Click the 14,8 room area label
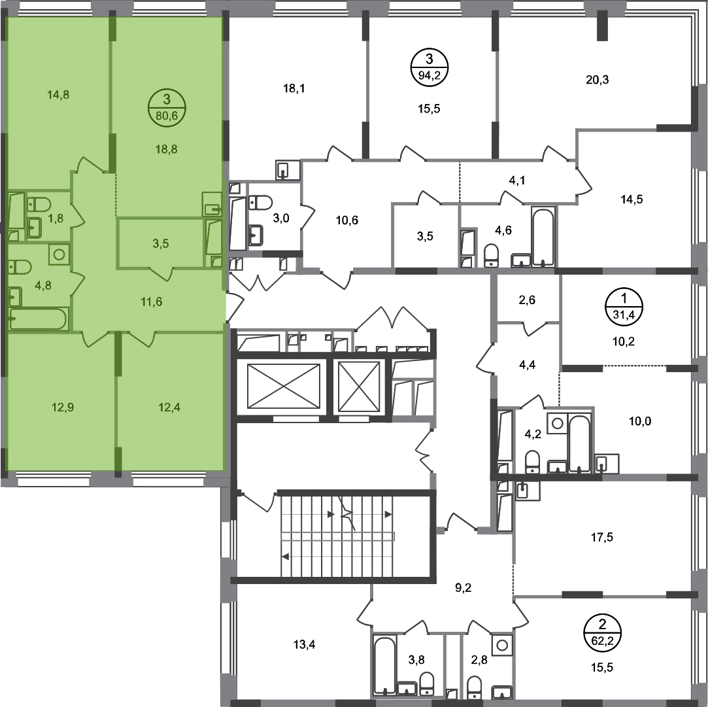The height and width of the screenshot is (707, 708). (x=58, y=95)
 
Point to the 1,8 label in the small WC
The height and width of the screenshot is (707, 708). (x=57, y=218)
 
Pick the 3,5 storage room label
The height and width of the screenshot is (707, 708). (x=160, y=244)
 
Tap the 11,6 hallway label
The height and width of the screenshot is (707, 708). (x=152, y=302)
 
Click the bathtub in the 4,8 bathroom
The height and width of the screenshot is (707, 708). (x=37, y=320)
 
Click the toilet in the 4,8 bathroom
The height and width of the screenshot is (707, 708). (x=20, y=267)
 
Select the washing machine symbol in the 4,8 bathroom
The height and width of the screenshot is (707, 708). (x=59, y=254)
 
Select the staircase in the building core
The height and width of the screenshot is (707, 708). (x=337, y=536)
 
